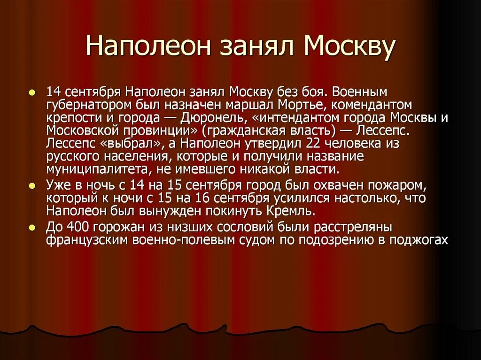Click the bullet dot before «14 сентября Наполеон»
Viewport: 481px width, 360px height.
(x=31, y=93)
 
